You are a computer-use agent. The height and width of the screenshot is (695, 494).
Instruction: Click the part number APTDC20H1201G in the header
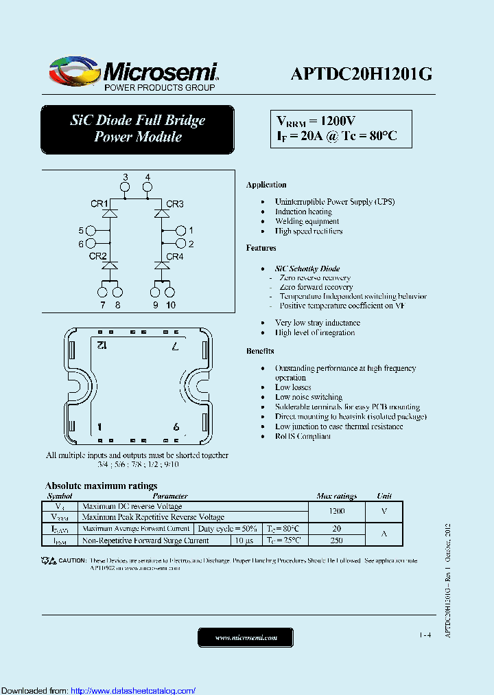pyautogui.click(x=361, y=73)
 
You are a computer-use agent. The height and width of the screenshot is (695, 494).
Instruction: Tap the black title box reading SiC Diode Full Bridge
pyautogui.click(x=137, y=128)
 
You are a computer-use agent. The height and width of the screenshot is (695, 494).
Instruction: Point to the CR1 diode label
pyautogui.click(x=99, y=203)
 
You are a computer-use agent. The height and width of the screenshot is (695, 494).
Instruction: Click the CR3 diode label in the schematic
pyautogui.click(x=175, y=203)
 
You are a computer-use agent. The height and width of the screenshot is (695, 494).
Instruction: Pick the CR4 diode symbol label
pyautogui.click(x=175, y=256)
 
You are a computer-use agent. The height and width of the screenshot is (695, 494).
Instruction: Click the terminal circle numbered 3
pyautogui.click(x=125, y=187)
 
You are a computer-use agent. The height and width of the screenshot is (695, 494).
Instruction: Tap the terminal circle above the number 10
pyautogui.click(x=170, y=293)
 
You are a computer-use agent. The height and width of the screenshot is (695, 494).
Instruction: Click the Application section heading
pyautogui.click(x=266, y=185)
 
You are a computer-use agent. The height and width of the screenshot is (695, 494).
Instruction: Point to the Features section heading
pyautogui.click(x=261, y=248)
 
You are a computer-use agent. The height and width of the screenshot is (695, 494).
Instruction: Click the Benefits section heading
pyautogui.click(x=261, y=351)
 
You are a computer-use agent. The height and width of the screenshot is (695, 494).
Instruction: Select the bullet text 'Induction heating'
pyautogui.click(x=303, y=212)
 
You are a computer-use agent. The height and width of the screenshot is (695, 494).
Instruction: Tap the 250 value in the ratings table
pyautogui.click(x=336, y=540)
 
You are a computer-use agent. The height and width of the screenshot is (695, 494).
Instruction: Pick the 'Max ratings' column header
pyautogui.click(x=336, y=496)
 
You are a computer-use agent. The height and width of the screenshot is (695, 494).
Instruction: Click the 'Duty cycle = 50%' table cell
pyautogui.click(x=227, y=529)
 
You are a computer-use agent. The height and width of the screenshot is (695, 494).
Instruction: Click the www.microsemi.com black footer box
pyautogui.click(x=246, y=637)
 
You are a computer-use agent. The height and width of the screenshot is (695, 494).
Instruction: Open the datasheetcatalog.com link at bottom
pyautogui.click(x=133, y=690)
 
